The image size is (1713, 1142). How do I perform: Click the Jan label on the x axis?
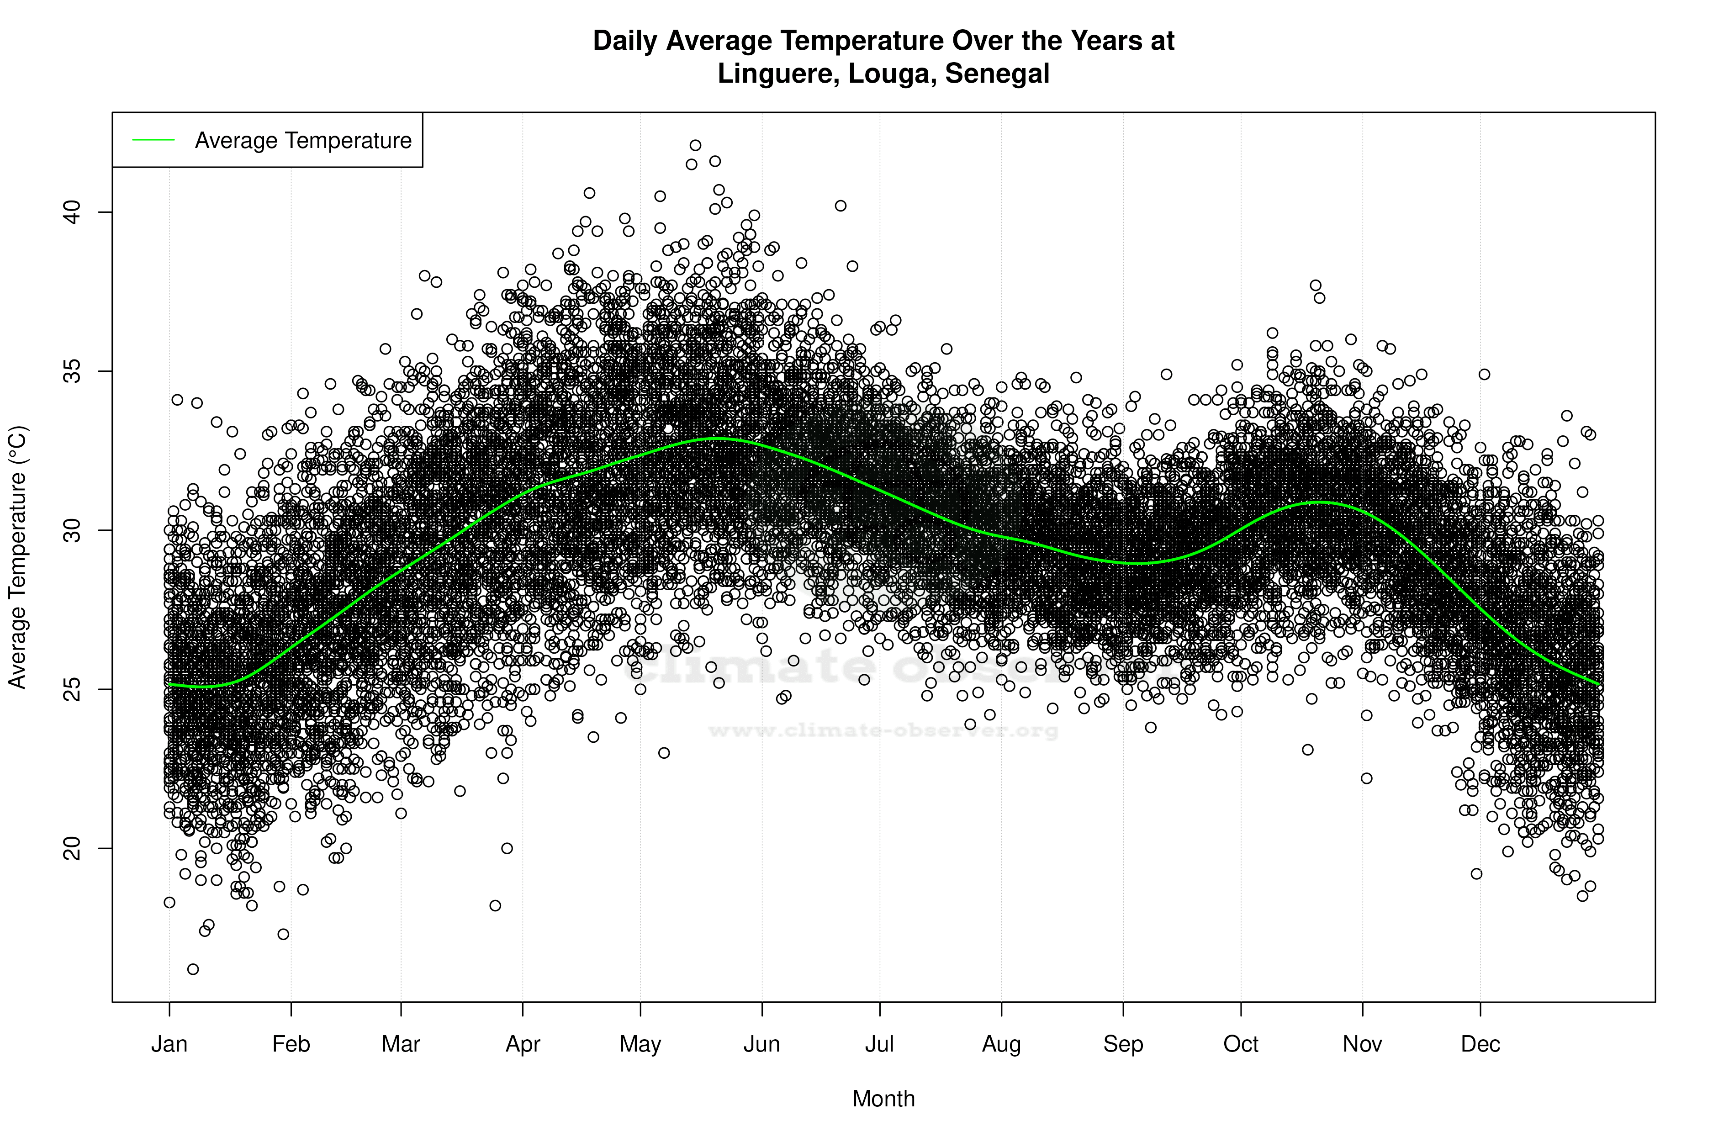pyautogui.click(x=169, y=1044)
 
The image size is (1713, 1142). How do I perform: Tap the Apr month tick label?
pyautogui.click(x=523, y=1044)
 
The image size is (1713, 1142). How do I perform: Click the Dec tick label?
pyautogui.click(x=1480, y=1044)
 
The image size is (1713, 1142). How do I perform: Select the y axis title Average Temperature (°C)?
pyautogui.click(x=17, y=557)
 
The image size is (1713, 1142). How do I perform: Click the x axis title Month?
pyautogui.click(x=883, y=1099)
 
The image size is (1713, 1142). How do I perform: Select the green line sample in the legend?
pyautogui.click(x=153, y=140)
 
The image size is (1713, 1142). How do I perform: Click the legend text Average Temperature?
pyautogui.click(x=303, y=141)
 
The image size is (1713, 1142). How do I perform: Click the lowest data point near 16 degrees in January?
pyautogui.click(x=193, y=969)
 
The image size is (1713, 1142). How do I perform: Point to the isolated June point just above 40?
pyautogui.click(x=841, y=206)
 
